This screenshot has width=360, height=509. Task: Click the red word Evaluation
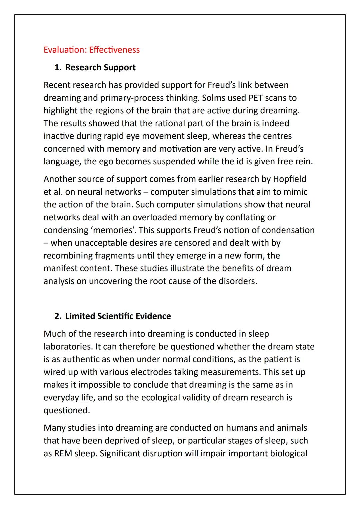pos(64,50)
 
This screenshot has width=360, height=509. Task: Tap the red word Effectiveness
pos(114,50)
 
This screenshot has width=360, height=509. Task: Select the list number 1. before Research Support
pos(58,67)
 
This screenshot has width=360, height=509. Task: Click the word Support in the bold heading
pos(119,67)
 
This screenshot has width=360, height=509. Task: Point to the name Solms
pos(213,98)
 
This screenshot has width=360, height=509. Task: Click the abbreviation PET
pos(256,98)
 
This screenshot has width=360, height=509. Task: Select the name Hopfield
pos(289,179)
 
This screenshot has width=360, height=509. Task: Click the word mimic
pos(295,192)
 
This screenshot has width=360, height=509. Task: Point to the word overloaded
pos(154,217)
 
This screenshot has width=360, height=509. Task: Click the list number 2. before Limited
pos(58,316)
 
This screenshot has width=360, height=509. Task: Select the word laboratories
pos(68,347)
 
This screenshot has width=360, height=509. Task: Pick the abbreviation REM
pos(63,454)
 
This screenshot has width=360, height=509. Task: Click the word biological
pos(289,454)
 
